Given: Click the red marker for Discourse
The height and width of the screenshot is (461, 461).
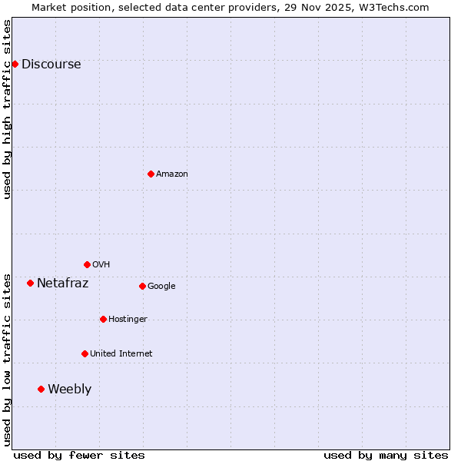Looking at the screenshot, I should pyautogui.click(x=15, y=64).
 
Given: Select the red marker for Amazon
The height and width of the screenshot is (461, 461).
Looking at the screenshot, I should pyautogui.click(x=151, y=174).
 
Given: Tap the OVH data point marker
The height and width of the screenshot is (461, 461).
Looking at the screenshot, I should pyautogui.click(x=87, y=264).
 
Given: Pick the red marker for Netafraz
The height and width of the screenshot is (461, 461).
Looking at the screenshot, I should pyautogui.click(x=30, y=283).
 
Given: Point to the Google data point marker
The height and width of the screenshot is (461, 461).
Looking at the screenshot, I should pyautogui.click(x=142, y=286).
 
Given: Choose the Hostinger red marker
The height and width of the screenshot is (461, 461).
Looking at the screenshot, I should pyautogui.click(x=103, y=319).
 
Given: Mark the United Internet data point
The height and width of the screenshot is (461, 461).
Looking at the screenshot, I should pyautogui.click(x=85, y=353).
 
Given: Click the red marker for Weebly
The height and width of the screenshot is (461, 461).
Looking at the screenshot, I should pyautogui.click(x=41, y=389).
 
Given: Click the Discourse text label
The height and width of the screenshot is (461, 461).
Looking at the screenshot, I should pyautogui.click(x=51, y=65).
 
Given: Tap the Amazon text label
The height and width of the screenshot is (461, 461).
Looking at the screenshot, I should pyautogui.click(x=171, y=174).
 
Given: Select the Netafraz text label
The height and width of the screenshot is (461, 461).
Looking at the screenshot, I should pyautogui.click(x=62, y=284).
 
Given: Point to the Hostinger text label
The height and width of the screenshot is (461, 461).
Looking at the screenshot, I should pyautogui.click(x=128, y=320).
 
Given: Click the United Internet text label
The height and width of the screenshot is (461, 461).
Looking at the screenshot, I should pyautogui.click(x=121, y=354).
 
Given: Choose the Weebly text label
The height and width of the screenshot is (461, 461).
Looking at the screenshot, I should pyautogui.click(x=69, y=390).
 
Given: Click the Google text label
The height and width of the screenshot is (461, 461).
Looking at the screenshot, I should pyautogui.click(x=161, y=287).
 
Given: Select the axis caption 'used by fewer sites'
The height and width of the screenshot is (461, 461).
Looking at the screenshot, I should pyautogui.click(x=79, y=455).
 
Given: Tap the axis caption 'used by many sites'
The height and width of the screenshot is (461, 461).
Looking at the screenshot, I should pyautogui.click(x=386, y=455).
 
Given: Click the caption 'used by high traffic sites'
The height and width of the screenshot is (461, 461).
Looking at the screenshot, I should pyautogui.click(x=8, y=109).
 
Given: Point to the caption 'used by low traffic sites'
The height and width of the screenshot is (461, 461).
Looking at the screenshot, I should pyautogui.click(x=8, y=360).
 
